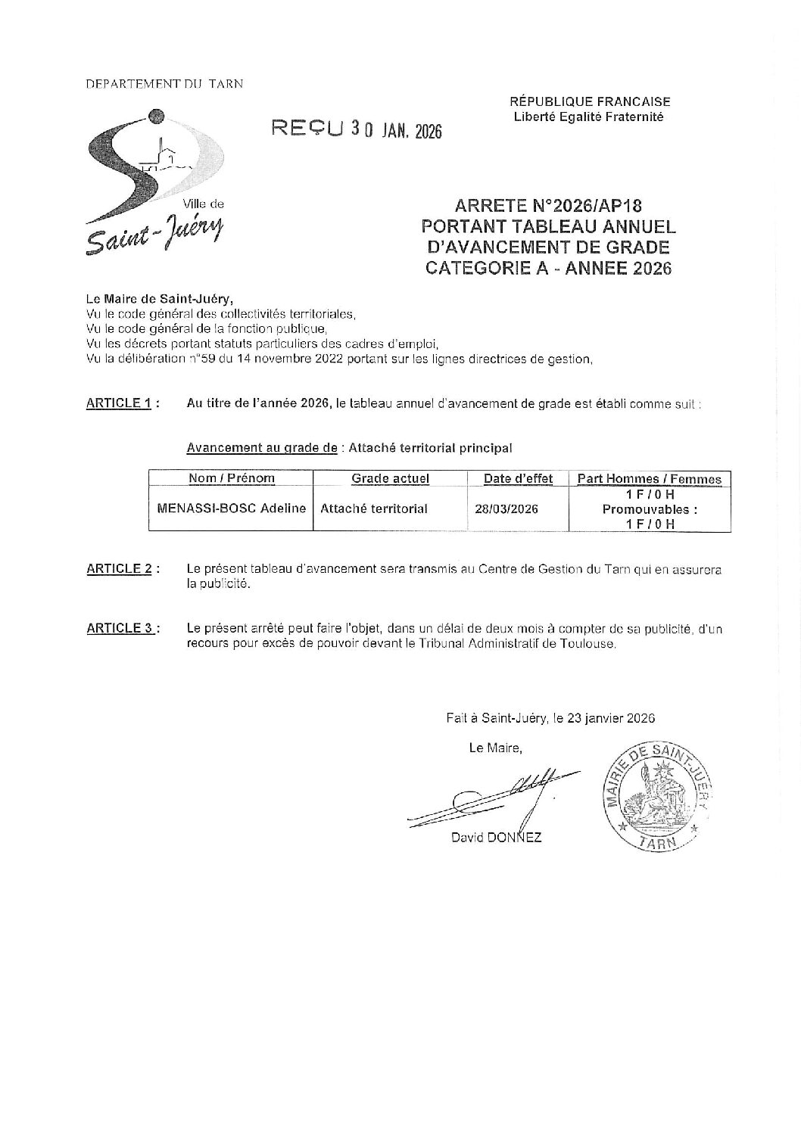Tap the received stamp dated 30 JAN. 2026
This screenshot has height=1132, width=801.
[x=357, y=129]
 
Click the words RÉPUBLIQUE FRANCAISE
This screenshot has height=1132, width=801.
[x=590, y=101]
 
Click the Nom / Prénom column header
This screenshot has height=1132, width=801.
[x=231, y=478]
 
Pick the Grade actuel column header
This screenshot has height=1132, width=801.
[x=390, y=478]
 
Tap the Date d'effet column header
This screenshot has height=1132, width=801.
[x=519, y=478]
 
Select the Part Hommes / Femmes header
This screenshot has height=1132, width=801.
[x=649, y=478]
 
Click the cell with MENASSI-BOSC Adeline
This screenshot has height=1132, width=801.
[x=231, y=509]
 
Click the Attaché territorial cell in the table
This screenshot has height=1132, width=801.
[x=374, y=509]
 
